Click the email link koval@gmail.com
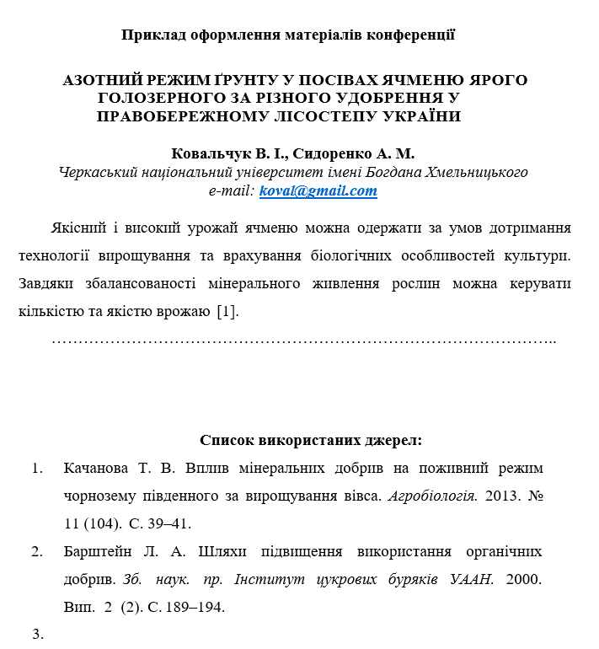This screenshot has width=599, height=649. coord(318,191)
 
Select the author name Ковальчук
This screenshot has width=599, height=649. coord(207,153)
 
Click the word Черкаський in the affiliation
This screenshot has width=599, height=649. coord(98,173)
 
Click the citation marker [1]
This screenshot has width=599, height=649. coord(227,311)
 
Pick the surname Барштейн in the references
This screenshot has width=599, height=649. coord(97,552)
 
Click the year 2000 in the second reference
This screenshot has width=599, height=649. coord(526,580)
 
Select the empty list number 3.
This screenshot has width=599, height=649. coord(37,635)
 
